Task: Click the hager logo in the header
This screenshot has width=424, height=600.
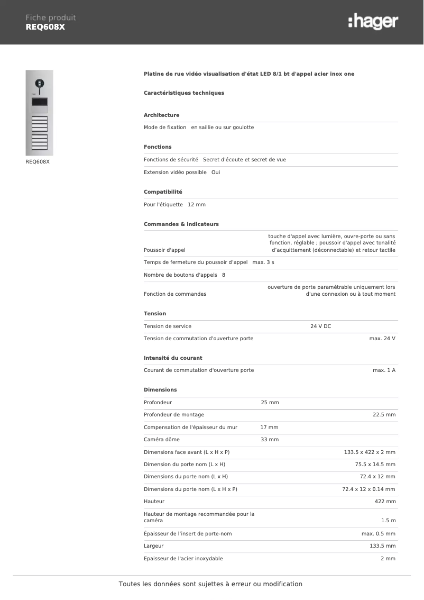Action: [373, 22]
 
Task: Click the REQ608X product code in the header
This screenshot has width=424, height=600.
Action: [45, 27]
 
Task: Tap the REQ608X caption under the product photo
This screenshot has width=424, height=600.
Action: [38, 161]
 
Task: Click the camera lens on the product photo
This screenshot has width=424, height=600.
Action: [39, 83]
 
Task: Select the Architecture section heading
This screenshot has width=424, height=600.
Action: [161, 115]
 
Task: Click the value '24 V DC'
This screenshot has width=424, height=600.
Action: [320, 326]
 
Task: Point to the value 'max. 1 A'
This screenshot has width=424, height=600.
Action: [384, 370]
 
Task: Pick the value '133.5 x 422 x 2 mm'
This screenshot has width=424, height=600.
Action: [370, 452]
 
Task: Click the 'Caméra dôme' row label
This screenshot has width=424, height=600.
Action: [161, 439]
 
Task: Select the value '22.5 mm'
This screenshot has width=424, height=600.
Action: [384, 414]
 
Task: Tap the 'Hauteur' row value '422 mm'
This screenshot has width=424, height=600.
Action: [385, 501]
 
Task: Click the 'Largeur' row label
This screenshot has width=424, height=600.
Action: [153, 546]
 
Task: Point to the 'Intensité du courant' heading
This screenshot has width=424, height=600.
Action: [173, 358]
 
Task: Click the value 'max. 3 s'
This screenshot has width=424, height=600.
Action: [263, 262]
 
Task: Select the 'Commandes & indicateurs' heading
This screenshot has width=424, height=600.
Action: [181, 224]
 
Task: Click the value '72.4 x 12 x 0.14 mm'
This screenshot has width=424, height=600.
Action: [368, 489]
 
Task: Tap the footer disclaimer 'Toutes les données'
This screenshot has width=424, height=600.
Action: [210, 584]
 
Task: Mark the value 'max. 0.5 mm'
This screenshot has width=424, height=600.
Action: [378, 533]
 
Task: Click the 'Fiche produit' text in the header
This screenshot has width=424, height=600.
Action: [51, 17]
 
